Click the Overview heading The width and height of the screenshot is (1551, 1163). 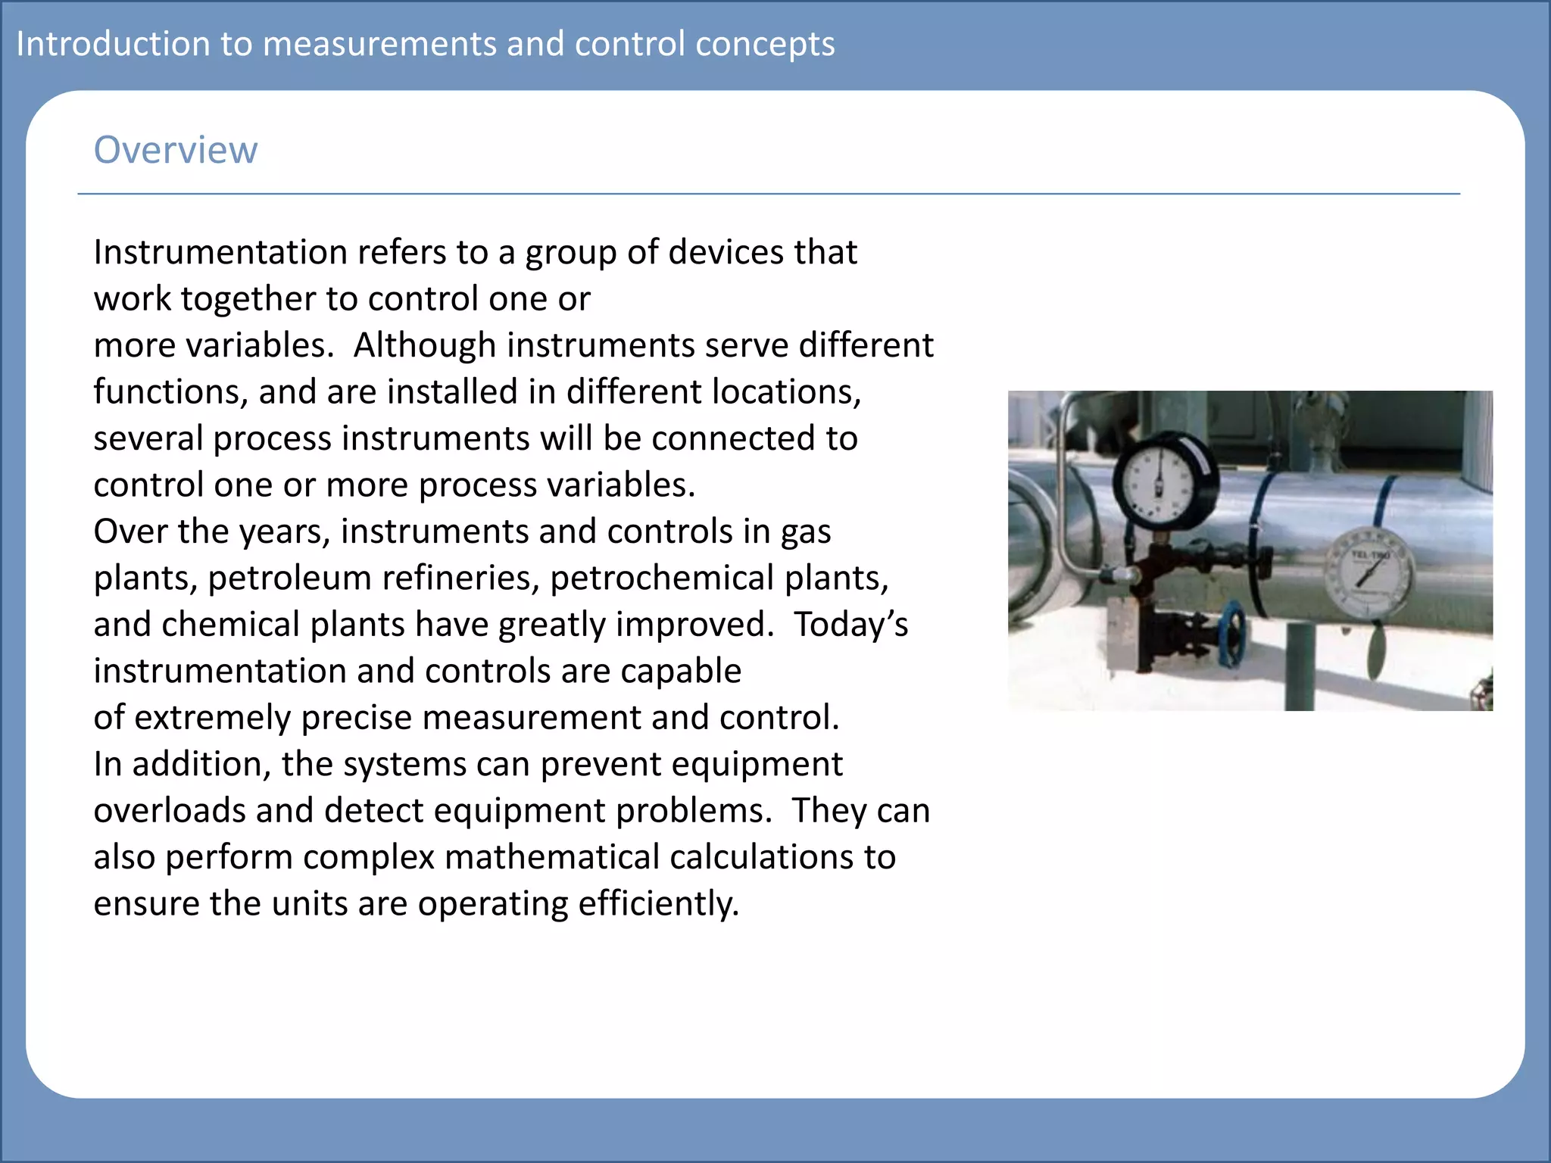click(175, 150)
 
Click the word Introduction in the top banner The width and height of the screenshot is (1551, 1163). click(112, 44)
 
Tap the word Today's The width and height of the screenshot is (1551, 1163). click(850, 625)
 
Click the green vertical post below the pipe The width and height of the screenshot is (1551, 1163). click(1300, 666)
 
